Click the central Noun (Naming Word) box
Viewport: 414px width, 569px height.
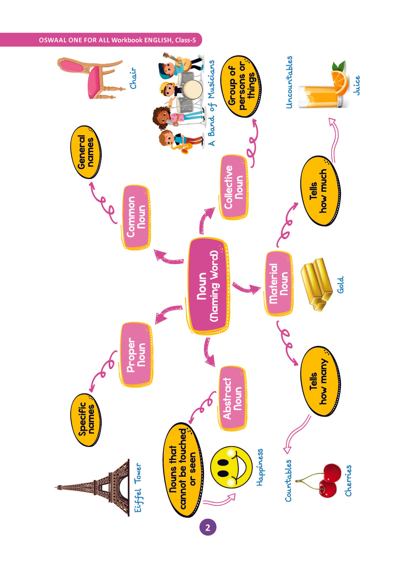209,286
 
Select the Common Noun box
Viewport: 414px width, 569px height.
136,217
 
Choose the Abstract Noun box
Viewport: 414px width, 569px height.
232,398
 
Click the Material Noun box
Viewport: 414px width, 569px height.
279,283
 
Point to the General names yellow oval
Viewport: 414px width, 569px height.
86,152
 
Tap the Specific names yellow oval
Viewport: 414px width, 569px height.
86,420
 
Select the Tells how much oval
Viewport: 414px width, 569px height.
319,191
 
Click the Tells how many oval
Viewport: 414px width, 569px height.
319,381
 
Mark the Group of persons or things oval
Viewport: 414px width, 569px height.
241,87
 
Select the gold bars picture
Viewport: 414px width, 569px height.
316,284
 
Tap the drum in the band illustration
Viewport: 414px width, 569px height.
192,89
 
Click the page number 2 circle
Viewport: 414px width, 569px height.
208,527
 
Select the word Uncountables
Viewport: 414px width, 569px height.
289,82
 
